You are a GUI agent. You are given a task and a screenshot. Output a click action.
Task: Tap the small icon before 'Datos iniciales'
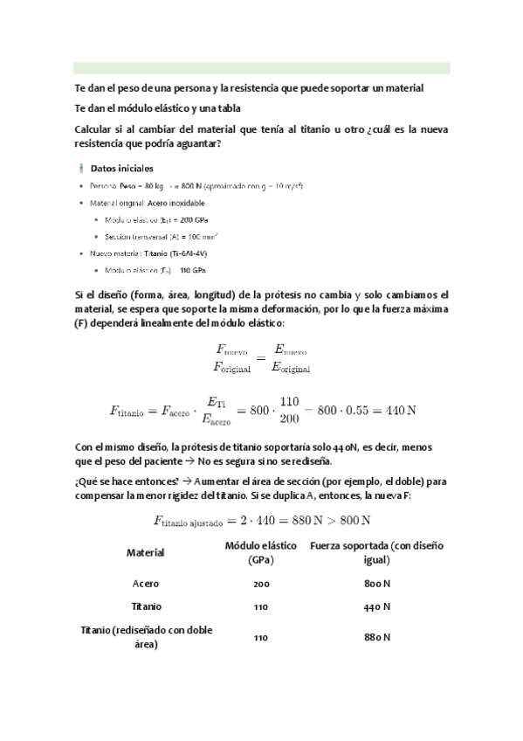[x=80, y=168]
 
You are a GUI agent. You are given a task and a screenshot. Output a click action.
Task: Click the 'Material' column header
[x=146, y=552]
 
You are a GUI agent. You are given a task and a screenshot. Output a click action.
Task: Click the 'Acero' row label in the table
[x=146, y=583]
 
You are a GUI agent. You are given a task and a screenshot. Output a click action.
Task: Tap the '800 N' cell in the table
[x=375, y=583]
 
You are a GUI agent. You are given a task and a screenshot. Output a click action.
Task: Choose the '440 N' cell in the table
[x=375, y=606]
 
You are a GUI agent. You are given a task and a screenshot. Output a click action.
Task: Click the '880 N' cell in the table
[x=375, y=637]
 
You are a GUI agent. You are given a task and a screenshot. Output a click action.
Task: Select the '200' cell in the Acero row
[x=260, y=583]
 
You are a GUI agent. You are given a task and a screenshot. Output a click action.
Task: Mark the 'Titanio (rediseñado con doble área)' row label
[x=146, y=637]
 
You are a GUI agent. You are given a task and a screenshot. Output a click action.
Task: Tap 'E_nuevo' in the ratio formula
[x=292, y=350]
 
